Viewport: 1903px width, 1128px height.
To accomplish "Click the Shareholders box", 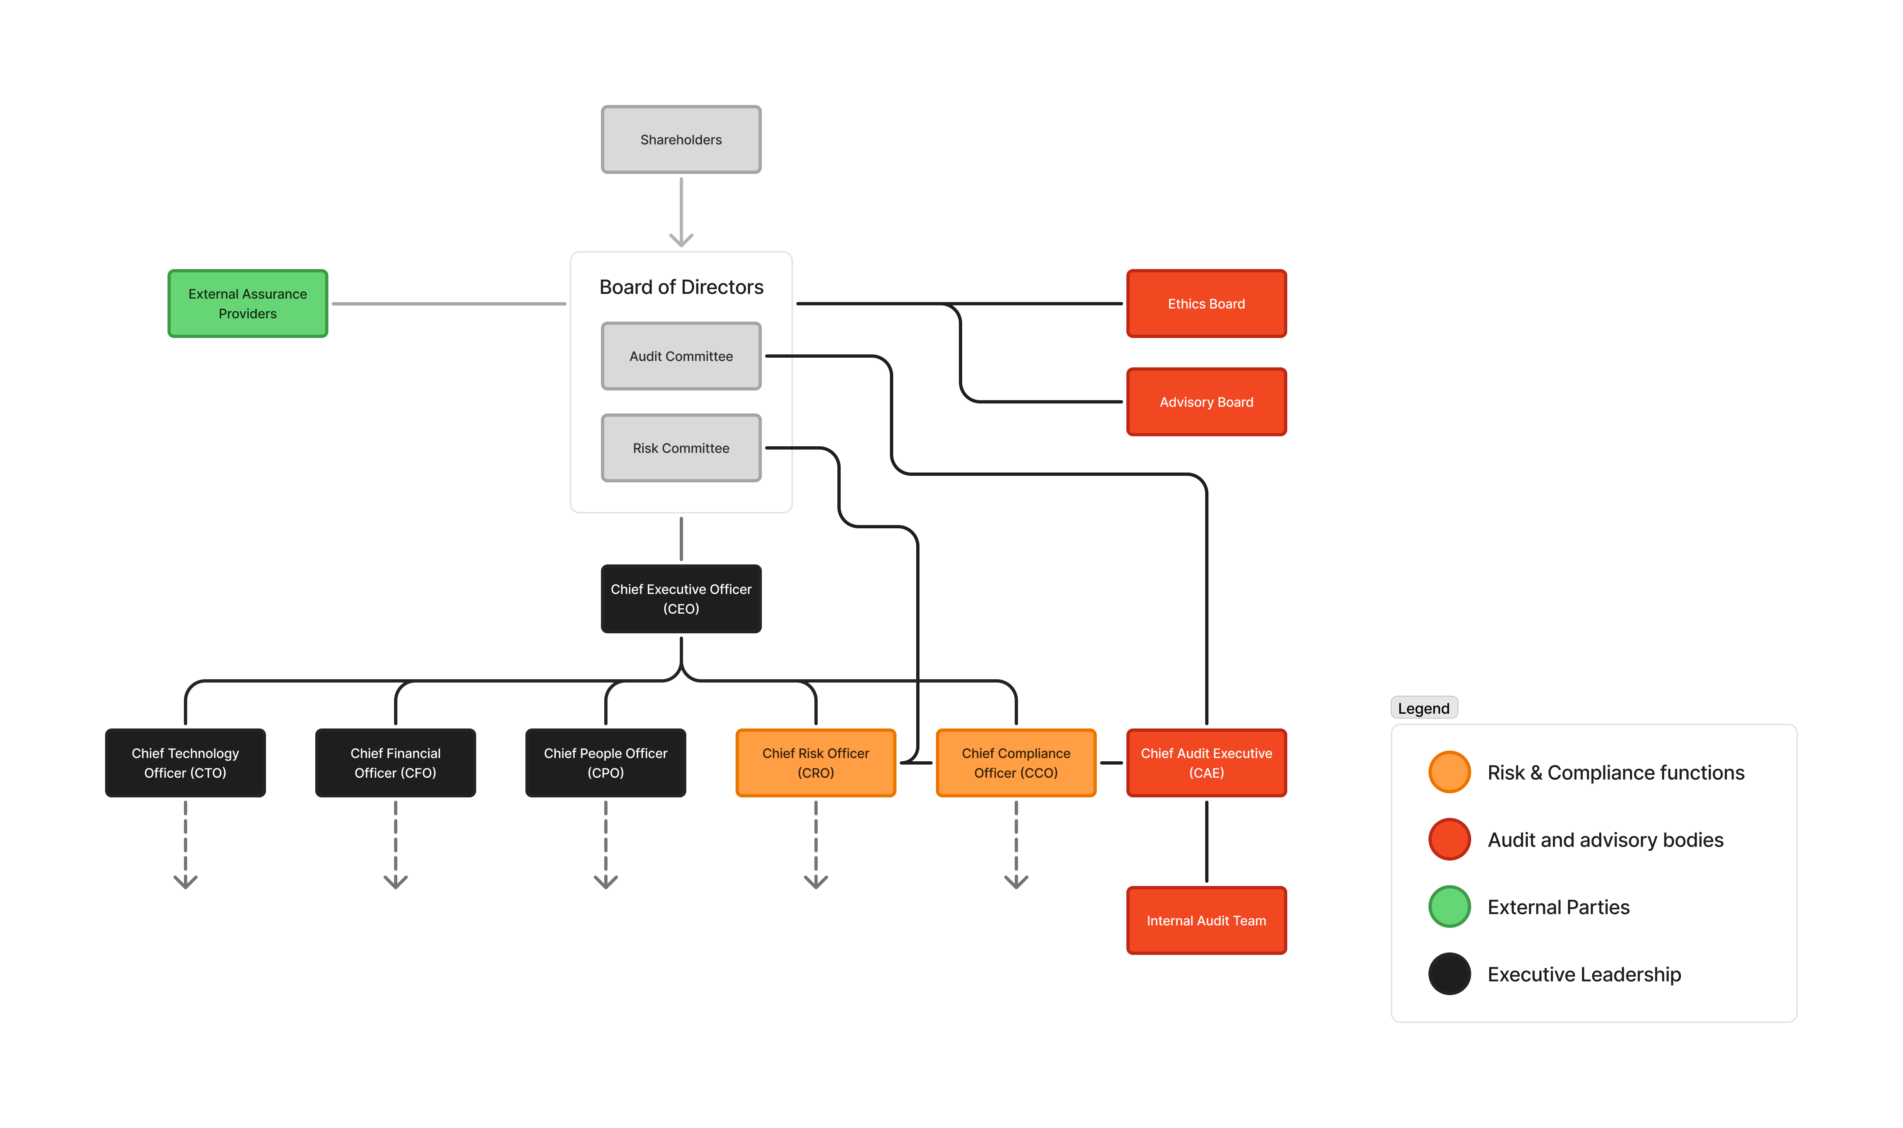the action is click(681, 139).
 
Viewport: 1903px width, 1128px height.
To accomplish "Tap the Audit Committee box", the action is click(681, 356).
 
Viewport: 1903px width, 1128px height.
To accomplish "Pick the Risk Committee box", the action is click(681, 448).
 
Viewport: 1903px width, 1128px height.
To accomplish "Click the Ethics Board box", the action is click(1206, 303).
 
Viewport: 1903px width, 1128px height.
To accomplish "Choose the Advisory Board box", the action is click(1206, 401).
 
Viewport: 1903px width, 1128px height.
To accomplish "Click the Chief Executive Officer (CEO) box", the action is click(681, 598).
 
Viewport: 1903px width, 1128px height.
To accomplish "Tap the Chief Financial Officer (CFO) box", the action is click(396, 763).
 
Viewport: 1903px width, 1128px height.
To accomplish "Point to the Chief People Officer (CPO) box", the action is click(605, 763).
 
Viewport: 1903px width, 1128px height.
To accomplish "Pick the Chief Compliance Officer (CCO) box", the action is click(1016, 763).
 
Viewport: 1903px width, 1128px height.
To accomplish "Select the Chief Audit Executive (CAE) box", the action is click(1206, 763).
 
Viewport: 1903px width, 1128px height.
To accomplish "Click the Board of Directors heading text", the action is click(681, 287).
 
